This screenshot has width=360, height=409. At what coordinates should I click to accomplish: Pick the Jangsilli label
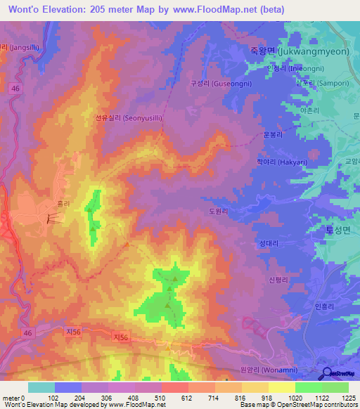[13, 48]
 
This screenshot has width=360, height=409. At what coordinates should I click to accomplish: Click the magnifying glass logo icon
[327, 374]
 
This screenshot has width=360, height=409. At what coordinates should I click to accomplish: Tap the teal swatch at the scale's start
[41, 387]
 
